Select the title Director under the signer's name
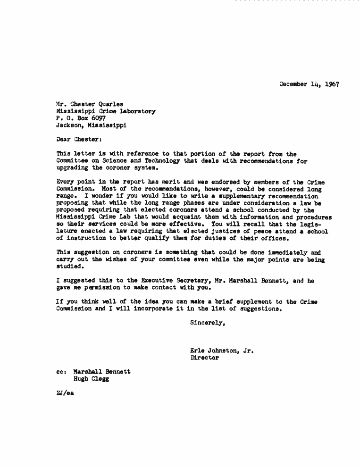204,358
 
